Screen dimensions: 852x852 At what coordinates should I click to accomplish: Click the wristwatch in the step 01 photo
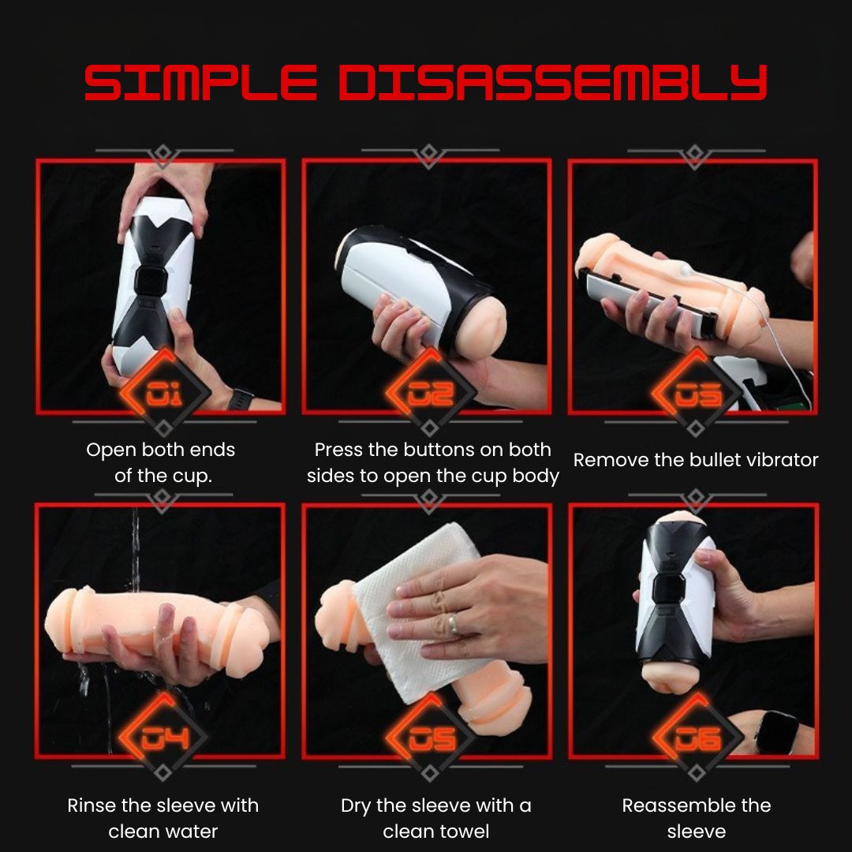[240, 398]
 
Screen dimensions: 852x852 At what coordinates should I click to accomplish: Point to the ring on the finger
[455, 626]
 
